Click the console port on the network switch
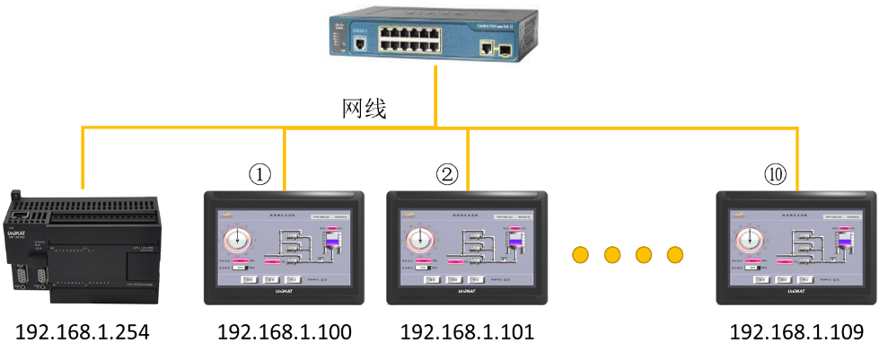tap(360, 41)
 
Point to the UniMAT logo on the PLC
tap(16, 233)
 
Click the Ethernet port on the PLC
tap(22, 214)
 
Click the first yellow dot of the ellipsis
tap(581, 255)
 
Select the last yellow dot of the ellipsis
tap(674, 255)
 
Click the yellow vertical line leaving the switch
tap(436, 94)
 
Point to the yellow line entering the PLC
tap(83, 162)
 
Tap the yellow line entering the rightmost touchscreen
tap(796, 162)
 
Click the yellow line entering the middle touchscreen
tap(468, 162)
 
